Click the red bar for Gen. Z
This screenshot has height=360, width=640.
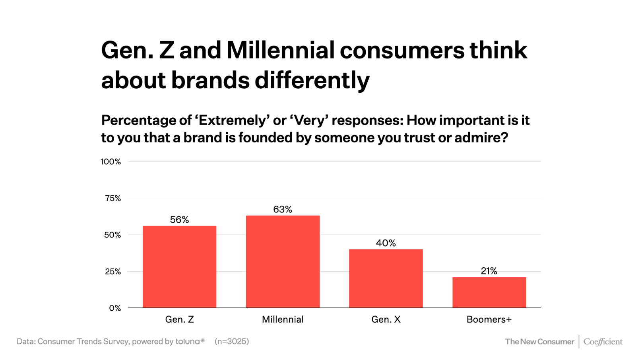179,267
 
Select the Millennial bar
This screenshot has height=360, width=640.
283,261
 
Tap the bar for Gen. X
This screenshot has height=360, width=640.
386,278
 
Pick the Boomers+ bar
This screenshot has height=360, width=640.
489,292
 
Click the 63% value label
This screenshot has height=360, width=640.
283,209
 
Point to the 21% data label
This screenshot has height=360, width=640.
489,271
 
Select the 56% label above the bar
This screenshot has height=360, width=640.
179,220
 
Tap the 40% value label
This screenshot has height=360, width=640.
386,243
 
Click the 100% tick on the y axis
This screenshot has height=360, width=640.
111,162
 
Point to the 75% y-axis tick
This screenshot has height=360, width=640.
113,198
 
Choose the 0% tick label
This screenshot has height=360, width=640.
115,308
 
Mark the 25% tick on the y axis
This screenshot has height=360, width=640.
113,271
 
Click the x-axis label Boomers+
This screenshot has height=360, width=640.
489,319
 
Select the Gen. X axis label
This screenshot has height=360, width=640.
386,319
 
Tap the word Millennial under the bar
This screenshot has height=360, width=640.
283,319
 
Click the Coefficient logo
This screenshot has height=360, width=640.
603,342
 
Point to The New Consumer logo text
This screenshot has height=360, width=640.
539,342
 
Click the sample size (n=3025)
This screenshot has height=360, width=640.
232,341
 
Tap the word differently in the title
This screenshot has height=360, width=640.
312,81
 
